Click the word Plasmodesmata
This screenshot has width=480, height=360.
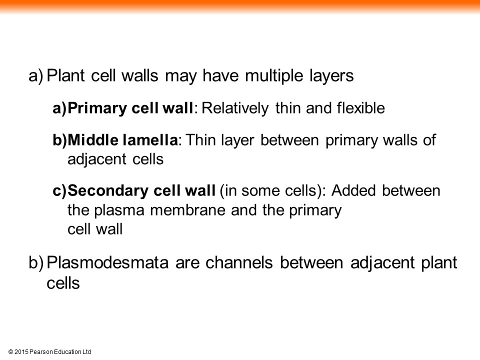107,262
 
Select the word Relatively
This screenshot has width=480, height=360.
235,108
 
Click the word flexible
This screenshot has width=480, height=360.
360,108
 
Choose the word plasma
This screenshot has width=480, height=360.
119,211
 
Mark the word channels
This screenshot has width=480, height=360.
239,262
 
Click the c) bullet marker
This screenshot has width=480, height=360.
59,191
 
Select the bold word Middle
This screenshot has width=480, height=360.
93,140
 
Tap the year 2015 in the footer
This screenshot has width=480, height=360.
21,352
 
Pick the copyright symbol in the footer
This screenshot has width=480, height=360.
10,352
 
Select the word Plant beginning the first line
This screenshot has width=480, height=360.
65,76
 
